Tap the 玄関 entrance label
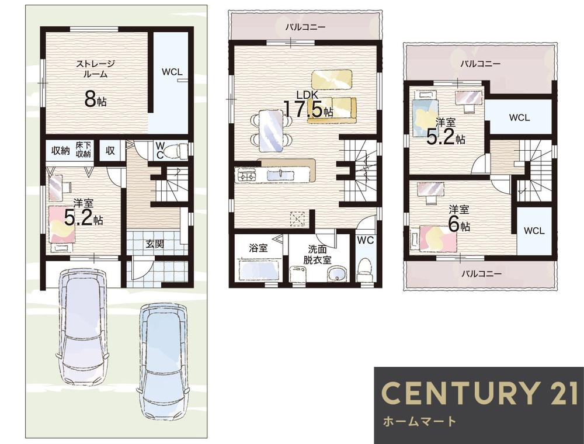coord(155,244)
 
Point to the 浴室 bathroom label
coord(258,248)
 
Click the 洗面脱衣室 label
coord(317,254)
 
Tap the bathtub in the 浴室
coord(259,270)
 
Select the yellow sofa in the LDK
coord(332,109)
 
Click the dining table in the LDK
coord(271,131)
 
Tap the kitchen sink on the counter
coord(280,175)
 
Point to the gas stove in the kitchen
coord(246,175)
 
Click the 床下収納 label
coord(84,150)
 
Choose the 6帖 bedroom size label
coord(459,224)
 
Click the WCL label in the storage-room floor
coord(172,72)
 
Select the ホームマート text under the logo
coord(419,421)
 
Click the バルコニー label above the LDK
coord(305,27)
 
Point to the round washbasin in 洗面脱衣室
coord(337,275)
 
